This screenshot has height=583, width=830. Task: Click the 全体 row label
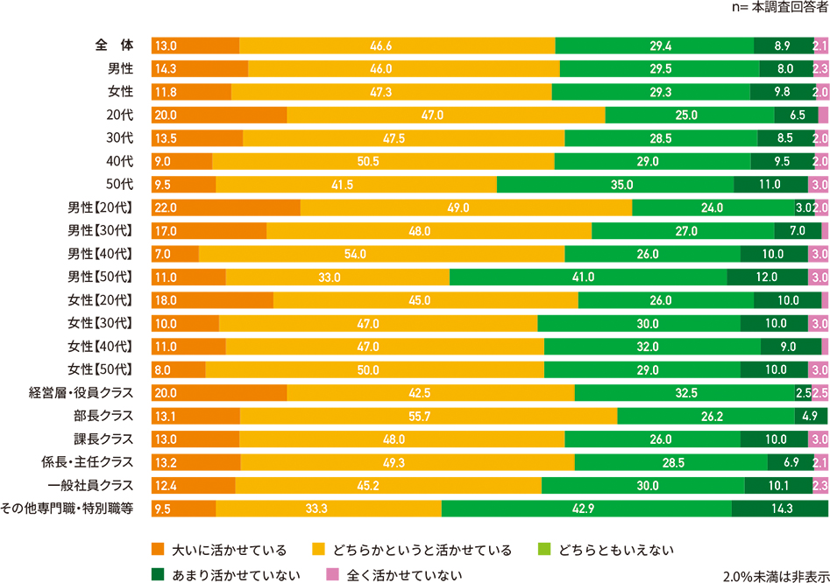click(x=114, y=45)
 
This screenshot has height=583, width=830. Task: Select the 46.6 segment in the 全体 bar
click(x=397, y=45)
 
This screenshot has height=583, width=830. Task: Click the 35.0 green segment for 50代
click(x=615, y=183)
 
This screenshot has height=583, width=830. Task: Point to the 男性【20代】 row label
click(x=101, y=207)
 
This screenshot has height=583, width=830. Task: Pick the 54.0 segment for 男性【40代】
click(x=381, y=253)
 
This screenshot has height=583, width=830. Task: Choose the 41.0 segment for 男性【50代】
click(x=588, y=276)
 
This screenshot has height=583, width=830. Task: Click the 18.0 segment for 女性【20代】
click(x=212, y=299)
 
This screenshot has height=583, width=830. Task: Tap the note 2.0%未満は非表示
click(x=775, y=576)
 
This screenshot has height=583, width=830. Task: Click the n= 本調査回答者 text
click(x=777, y=7)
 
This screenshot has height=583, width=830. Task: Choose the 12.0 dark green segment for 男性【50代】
click(x=767, y=276)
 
